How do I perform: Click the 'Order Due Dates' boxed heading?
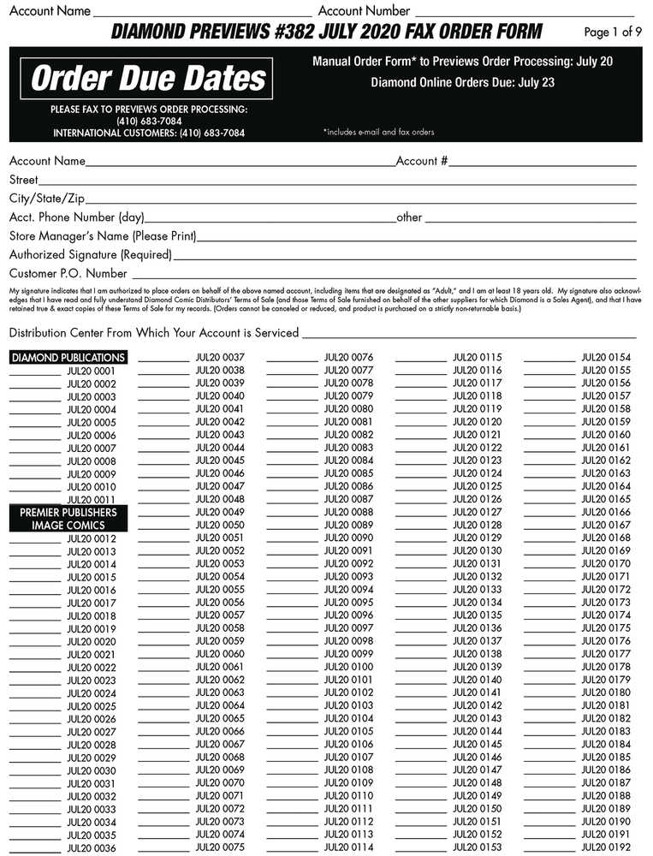click(149, 79)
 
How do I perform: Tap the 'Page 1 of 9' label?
click(612, 33)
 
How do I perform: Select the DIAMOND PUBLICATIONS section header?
click(68, 358)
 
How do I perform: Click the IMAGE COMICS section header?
click(68, 525)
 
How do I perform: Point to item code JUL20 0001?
click(91, 372)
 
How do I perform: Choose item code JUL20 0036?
click(91, 847)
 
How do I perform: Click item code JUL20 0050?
click(220, 525)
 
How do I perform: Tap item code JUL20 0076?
click(348, 357)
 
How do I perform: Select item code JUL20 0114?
click(348, 847)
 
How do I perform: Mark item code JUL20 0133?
click(478, 589)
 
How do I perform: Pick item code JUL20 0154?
click(606, 357)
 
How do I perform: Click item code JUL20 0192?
click(606, 847)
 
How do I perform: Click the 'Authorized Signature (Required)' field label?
click(91, 254)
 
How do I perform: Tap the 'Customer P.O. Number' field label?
click(68, 274)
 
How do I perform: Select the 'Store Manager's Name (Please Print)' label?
click(103, 235)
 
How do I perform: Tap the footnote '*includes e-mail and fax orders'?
click(378, 133)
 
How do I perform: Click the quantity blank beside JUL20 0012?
click(35, 538)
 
